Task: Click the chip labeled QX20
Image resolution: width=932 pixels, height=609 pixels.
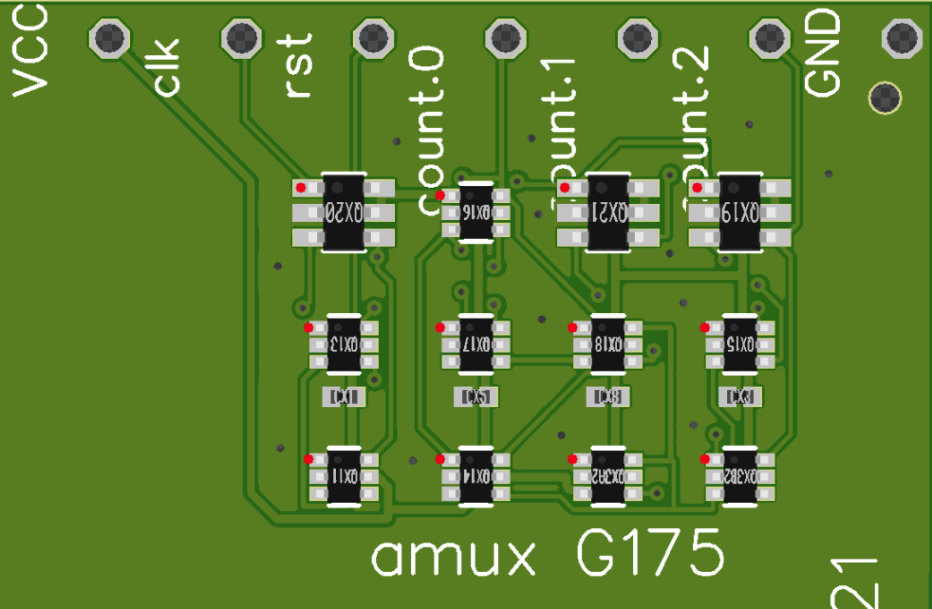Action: point(344,212)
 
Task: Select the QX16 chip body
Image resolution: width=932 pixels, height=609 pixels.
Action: point(475,212)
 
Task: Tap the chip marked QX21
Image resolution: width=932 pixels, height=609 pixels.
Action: point(607,212)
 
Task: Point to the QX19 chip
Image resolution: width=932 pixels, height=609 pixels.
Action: point(739,212)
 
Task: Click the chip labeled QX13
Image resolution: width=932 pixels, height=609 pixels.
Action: point(344,342)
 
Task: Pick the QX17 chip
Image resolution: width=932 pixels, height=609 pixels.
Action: point(475,342)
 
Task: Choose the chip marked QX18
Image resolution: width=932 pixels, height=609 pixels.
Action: point(607,342)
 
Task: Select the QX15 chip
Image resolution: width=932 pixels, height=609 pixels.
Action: point(739,342)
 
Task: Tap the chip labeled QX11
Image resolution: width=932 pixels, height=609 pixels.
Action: point(344,474)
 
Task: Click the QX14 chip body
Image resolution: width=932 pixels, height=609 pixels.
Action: point(475,474)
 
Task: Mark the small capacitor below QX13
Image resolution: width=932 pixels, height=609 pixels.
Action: point(344,397)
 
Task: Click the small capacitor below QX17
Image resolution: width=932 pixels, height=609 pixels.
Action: point(475,397)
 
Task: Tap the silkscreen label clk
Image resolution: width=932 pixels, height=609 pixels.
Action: point(167,71)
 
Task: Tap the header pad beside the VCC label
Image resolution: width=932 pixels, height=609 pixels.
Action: point(110,39)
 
